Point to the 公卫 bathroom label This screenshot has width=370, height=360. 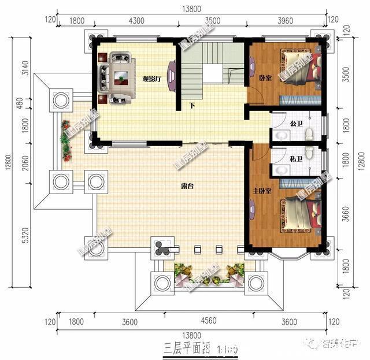click(296, 124)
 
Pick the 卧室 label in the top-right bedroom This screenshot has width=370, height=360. click(265, 78)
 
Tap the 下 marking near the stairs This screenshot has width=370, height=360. click(193, 106)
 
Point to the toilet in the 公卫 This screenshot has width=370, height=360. click(309, 135)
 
